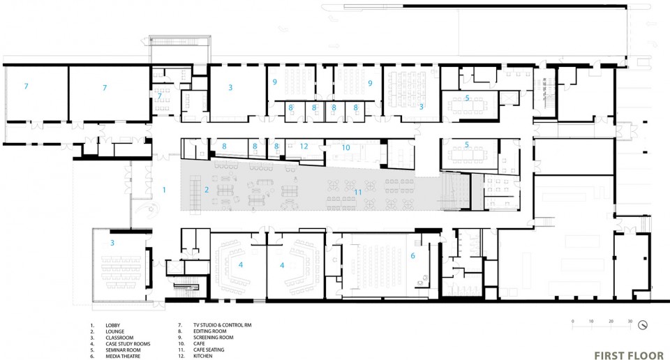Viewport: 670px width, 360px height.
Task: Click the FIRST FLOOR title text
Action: [x=629, y=356]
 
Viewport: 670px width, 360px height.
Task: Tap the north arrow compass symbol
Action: [x=643, y=325]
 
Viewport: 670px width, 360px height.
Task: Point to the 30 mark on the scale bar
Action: [x=630, y=321]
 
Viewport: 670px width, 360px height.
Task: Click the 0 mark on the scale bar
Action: [x=572, y=321]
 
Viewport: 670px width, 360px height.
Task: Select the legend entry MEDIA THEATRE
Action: [x=123, y=356]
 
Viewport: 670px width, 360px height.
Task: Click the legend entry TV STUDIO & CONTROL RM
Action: [x=222, y=325]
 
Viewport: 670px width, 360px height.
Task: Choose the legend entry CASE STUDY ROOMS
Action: [x=128, y=344]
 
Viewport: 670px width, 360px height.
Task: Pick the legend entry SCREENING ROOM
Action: [x=214, y=338]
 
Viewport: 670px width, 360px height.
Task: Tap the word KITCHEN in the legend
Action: [x=202, y=356]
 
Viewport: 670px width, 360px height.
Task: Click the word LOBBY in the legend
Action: [x=113, y=325]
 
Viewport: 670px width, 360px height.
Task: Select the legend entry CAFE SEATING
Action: [x=209, y=350]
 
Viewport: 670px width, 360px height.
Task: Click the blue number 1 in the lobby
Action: [x=164, y=190]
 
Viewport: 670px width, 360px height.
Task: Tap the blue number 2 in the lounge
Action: [x=207, y=190]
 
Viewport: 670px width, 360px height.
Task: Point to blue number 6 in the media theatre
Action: [x=412, y=256]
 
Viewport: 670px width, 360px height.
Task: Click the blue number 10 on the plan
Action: [x=345, y=148]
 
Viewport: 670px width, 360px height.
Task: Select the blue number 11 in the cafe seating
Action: [x=357, y=193]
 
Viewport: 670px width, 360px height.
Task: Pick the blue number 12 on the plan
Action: [x=304, y=146]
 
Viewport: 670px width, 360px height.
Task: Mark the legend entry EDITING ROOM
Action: [x=210, y=331]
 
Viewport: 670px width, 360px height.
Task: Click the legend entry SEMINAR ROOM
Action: [x=123, y=350]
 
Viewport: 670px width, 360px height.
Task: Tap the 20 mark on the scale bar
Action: [x=611, y=321]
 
